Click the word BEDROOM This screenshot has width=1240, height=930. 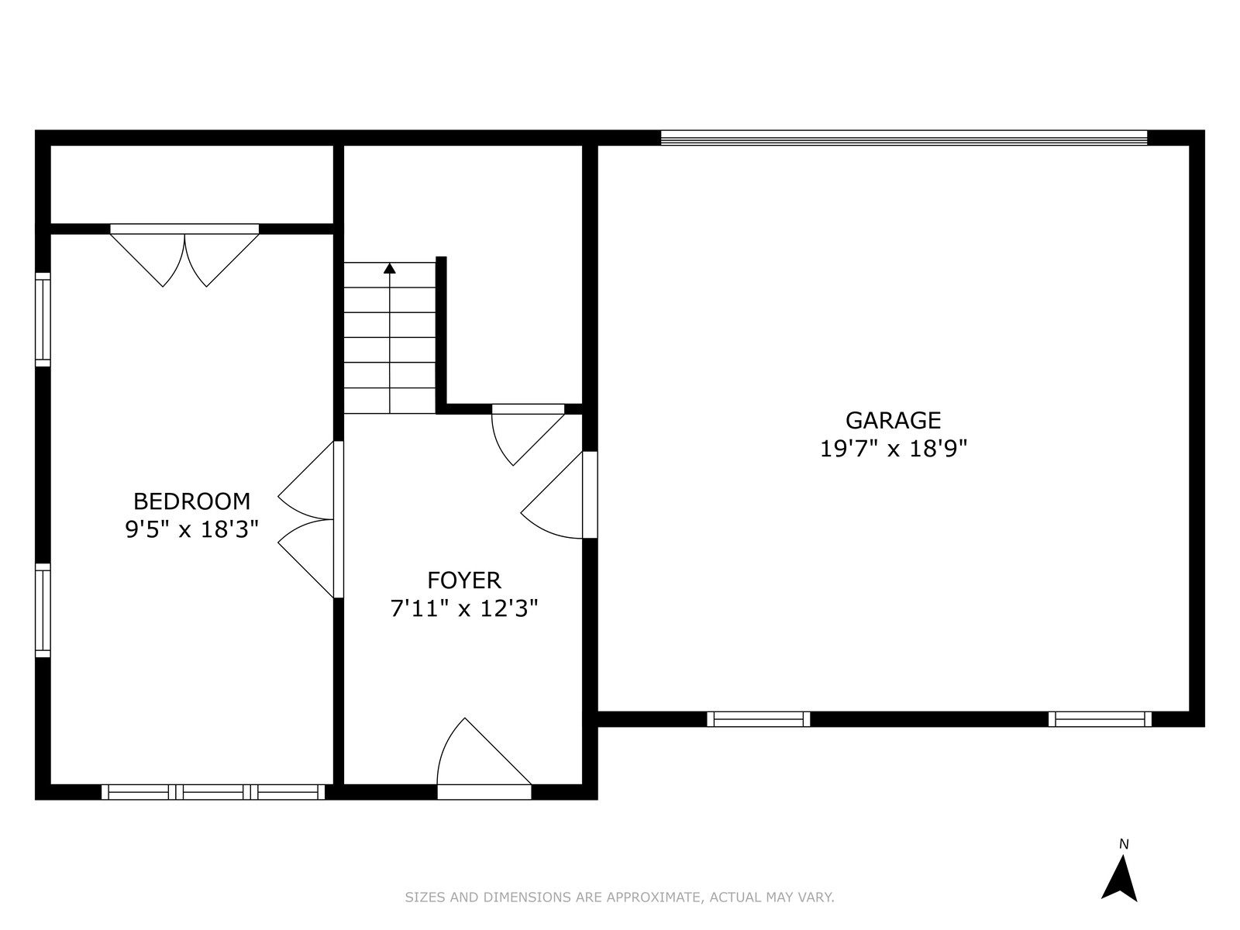pyautogui.click(x=191, y=501)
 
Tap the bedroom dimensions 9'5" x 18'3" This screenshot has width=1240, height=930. pyautogui.click(x=191, y=529)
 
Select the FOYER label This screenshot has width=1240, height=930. pyautogui.click(x=463, y=580)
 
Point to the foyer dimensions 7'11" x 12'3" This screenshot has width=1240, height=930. pyautogui.click(x=463, y=608)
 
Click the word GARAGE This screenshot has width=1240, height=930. pyautogui.click(x=893, y=420)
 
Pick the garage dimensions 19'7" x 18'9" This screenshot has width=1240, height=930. pyautogui.click(x=893, y=449)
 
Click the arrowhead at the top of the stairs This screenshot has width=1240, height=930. pyautogui.click(x=389, y=268)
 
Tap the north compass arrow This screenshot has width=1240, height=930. pyautogui.click(x=1118, y=885)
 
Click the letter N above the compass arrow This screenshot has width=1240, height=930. pyautogui.click(x=1124, y=845)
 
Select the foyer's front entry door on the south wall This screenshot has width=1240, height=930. pyautogui.click(x=484, y=759)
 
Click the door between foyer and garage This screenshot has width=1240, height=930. pyautogui.click(x=559, y=494)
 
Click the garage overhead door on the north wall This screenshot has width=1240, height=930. pyautogui.click(x=904, y=138)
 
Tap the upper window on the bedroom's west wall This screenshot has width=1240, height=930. pyautogui.click(x=43, y=319)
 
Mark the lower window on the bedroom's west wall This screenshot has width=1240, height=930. pyautogui.click(x=43, y=611)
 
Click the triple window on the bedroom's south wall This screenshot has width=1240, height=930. pyautogui.click(x=214, y=792)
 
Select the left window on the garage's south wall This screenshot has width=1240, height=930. pyautogui.click(x=758, y=719)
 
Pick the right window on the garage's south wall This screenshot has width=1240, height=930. pyautogui.click(x=1100, y=719)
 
